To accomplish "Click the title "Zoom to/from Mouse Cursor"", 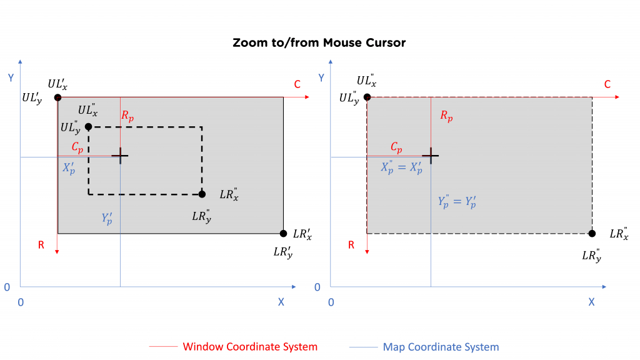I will (x=319, y=43).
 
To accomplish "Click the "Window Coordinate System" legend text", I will (x=250, y=347).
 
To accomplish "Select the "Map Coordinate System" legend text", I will (x=441, y=347).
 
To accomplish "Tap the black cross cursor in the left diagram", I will (x=120, y=156).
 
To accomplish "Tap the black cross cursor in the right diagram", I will (x=431, y=156).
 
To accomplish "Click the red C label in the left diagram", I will (x=297, y=84).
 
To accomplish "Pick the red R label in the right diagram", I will (x=351, y=245).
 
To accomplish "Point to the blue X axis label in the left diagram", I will (x=281, y=302).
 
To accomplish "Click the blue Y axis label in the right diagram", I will (x=321, y=78).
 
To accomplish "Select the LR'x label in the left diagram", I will (x=302, y=234).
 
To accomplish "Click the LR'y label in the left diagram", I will (x=282, y=253).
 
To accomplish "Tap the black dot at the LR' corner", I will (x=283, y=234).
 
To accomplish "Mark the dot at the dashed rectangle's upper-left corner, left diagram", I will (x=88, y=127).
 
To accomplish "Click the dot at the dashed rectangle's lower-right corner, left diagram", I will (x=202, y=194).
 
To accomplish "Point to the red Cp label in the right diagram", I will (x=396, y=147).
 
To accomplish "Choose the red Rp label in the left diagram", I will (x=127, y=116).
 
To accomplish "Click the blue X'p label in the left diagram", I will (x=68, y=168).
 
